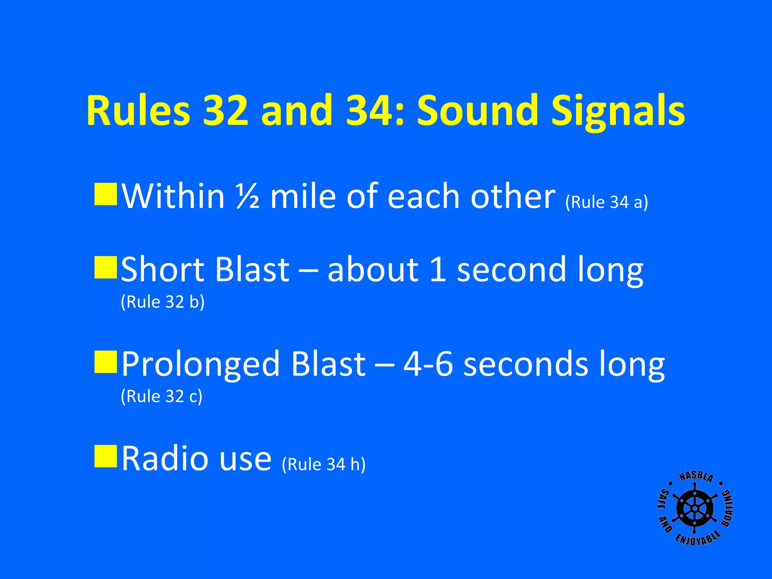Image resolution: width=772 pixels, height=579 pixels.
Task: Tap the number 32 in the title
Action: click(225, 110)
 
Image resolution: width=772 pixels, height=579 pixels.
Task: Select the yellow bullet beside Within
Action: click(106, 195)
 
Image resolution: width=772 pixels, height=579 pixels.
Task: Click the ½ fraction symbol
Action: click(247, 196)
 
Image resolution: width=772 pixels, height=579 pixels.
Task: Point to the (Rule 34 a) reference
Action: click(607, 202)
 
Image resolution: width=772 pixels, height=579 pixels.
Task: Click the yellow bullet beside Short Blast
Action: click(106, 268)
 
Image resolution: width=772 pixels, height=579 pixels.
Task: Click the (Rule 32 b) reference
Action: click(162, 302)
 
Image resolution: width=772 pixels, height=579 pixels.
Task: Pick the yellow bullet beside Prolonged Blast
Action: click(106, 362)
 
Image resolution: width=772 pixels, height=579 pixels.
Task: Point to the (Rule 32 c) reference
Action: click(161, 396)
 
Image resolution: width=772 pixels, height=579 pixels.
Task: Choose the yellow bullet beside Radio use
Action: click(106, 456)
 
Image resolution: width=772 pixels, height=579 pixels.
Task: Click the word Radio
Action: click(165, 458)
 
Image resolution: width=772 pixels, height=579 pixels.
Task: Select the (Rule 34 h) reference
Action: click(323, 464)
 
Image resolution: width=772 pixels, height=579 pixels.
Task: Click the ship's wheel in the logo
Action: click(695, 509)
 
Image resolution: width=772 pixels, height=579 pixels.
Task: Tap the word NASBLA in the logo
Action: click(696, 477)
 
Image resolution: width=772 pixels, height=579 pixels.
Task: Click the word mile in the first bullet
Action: click(303, 196)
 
